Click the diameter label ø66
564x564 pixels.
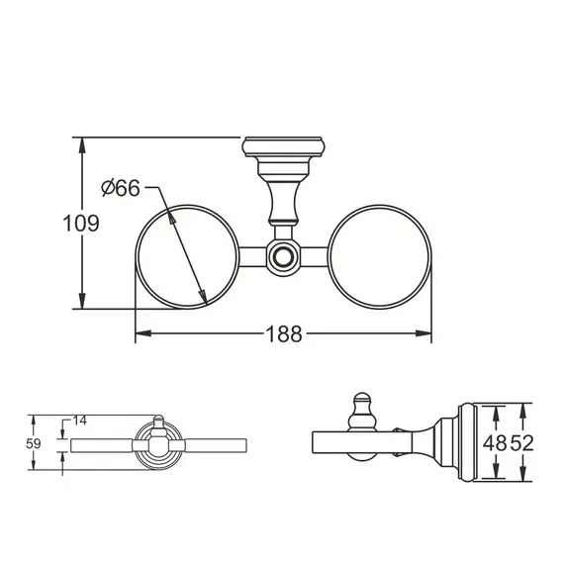(120, 188)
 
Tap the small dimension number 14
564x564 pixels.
(80, 420)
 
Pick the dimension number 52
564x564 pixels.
(521, 442)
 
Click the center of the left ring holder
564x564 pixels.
(187, 256)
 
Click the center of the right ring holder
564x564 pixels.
(380, 256)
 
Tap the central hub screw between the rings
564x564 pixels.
(284, 257)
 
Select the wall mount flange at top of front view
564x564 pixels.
(283, 150)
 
